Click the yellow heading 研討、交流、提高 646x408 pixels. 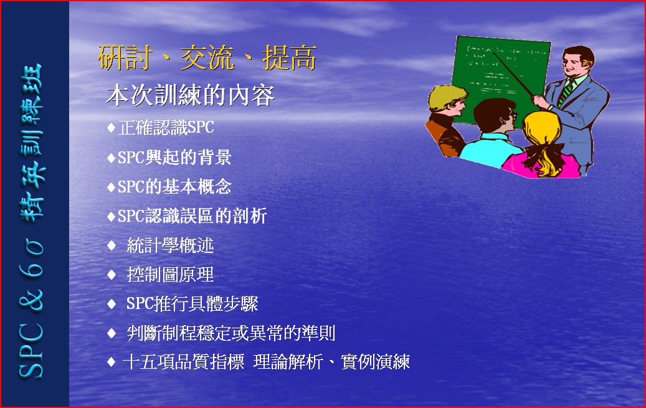click(207, 58)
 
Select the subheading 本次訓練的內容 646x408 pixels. click(191, 95)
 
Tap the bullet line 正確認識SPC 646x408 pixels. click(166, 127)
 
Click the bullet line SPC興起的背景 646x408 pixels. click(174, 157)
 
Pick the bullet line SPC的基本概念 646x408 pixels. click(174, 187)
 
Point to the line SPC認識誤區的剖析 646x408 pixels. click(192, 216)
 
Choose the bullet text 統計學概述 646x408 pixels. click(170, 245)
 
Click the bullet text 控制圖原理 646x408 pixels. click(170, 275)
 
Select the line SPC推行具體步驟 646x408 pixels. click(192, 304)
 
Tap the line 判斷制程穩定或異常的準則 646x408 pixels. click(231, 333)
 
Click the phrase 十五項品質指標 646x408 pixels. click(183, 363)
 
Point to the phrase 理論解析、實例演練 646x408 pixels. click(331, 363)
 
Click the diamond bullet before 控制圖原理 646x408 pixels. click(112, 275)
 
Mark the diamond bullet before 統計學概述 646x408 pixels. click(112, 245)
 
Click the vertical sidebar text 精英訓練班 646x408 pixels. click(32, 142)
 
